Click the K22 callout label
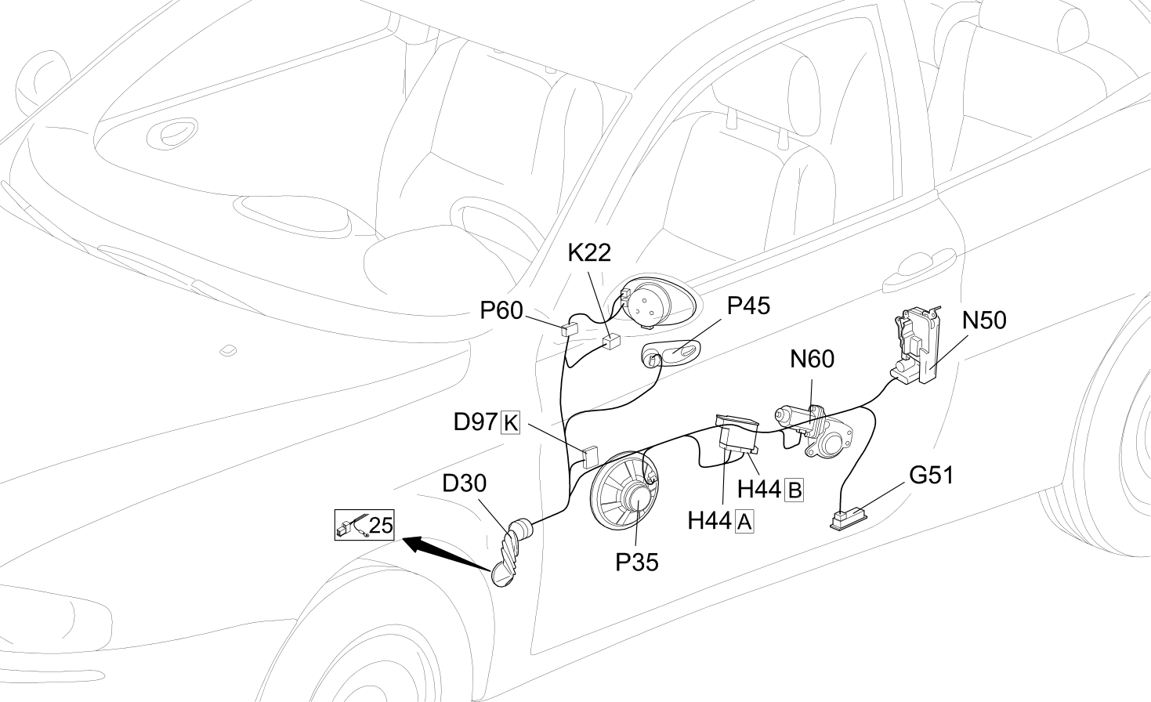[589, 253]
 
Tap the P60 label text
[501, 310]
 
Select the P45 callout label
[749, 306]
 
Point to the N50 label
[984, 320]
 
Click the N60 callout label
[812, 359]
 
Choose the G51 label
[931, 476]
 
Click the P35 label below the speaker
[637, 563]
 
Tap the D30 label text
[465, 483]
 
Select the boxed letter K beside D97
[510, 423]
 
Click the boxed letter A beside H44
[744, 522]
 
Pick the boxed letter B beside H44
[794, 490]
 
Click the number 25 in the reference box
[381, 525]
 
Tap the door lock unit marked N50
[917, 346]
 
